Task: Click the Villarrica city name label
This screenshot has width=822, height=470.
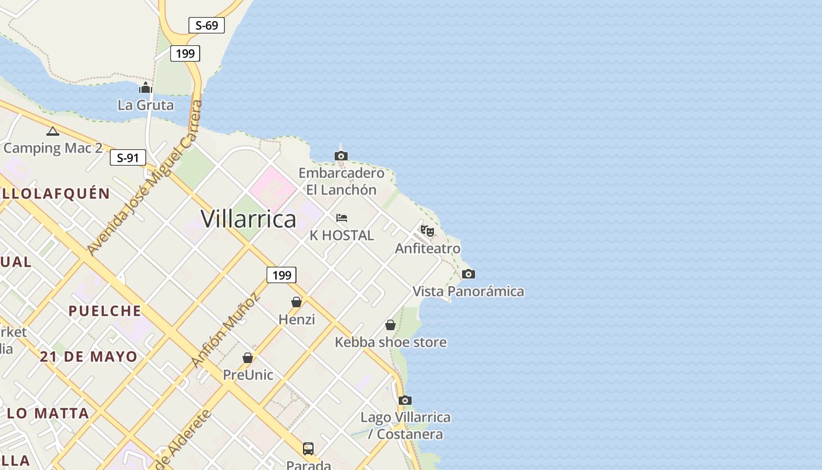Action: coord(248,219)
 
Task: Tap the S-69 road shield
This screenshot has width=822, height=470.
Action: coord(207,25)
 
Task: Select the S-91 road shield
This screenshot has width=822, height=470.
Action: coord(127,157)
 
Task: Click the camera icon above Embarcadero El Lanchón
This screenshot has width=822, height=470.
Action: coord(341,156)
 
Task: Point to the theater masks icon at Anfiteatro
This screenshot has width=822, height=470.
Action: coord(427,231)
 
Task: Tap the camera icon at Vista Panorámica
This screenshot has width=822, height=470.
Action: coord(468,274)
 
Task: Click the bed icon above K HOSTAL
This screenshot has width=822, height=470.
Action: coord(342,218)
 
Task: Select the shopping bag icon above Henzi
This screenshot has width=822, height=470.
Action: coord(297,302)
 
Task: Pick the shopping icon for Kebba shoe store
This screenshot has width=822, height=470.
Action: coord(390,325)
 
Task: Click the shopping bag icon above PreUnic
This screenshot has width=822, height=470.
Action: coord(248,357)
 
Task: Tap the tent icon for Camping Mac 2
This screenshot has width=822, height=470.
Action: coord(53,131)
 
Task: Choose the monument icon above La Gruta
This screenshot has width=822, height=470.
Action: coord(146,88)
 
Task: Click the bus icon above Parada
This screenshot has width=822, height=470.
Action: coord(308,449)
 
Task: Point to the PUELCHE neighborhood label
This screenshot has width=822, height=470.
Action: coord(105,311)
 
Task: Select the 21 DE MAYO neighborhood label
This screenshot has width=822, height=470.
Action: coord(89,357)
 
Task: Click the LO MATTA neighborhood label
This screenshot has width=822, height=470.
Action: coord(48,413)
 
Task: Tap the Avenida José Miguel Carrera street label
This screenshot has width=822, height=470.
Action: coord(145,178)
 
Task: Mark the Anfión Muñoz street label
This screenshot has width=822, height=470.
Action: coord(225,330)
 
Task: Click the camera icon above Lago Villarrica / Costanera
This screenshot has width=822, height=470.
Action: coord(405,401)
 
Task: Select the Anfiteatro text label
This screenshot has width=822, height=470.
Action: coord(427,248)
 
